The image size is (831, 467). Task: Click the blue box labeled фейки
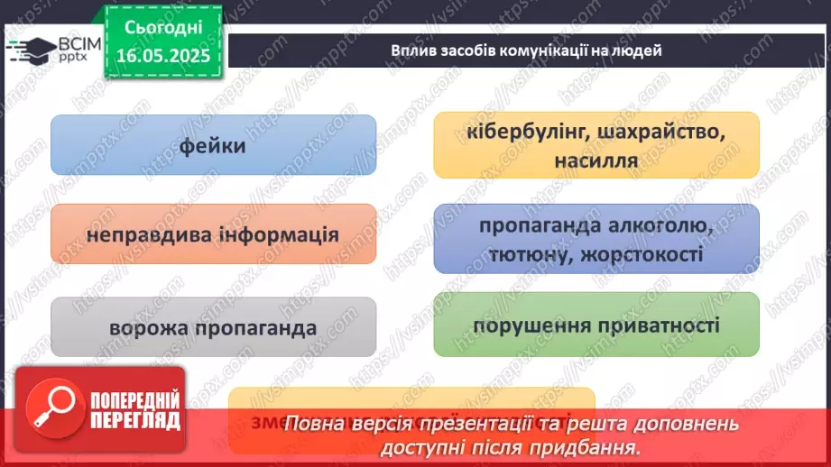[213, 144]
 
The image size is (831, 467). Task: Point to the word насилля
[596, 160]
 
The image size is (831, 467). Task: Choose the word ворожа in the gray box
[148, 328]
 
